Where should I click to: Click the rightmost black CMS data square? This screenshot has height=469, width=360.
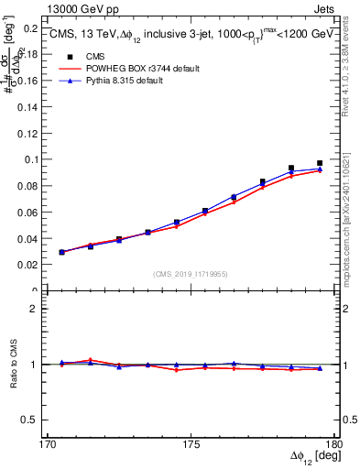[320, 163]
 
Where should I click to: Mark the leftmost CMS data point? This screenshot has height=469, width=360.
[62, 252]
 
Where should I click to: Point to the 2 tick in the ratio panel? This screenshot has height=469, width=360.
[38, 309]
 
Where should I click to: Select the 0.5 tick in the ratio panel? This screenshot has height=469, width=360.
[35, 420]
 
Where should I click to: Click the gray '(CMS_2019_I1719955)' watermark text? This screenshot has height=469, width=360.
[190, 273]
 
